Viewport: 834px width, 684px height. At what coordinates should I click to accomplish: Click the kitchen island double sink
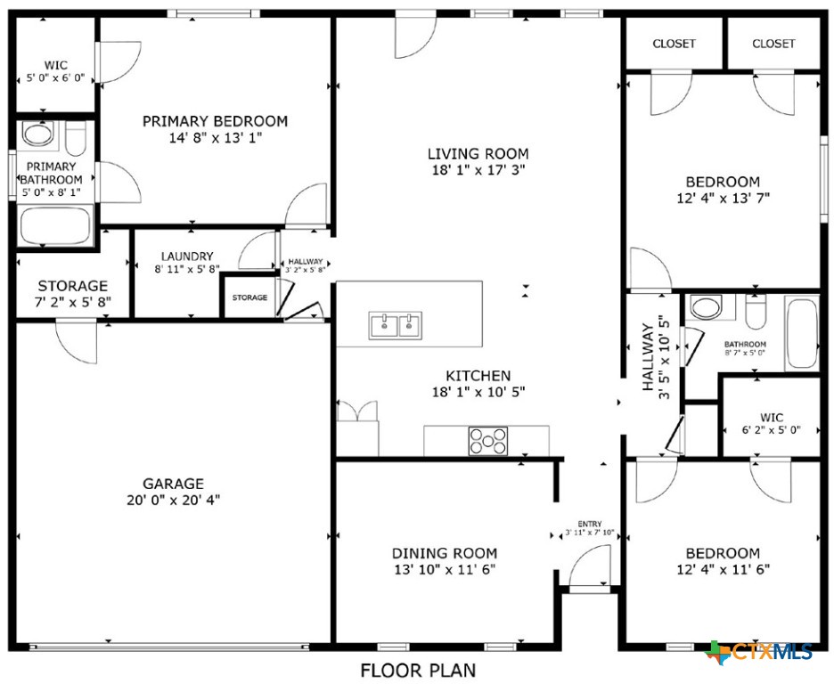pyautogui.click(x=396, y=326)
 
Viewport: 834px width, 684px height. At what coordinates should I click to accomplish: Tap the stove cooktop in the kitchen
pyautogui.click(x=488, y=441)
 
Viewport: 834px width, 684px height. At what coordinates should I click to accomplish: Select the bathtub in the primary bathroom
pyautogui.click(x=55, y=227)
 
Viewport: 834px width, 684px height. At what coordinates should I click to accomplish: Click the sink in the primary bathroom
pyautogui.click(x=37, y=134)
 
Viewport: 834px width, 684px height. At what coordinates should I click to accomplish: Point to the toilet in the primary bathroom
pyautogui.click(x=77, y=139)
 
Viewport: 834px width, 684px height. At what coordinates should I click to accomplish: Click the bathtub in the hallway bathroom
pyautogui.click(x=802, y=334)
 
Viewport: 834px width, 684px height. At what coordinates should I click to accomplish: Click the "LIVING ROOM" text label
pyautogui.click(x=478, y=153)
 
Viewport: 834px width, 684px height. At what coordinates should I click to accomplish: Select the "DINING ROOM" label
pyautogui.click(x=446, y=553)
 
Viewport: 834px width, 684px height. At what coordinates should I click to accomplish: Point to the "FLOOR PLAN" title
pyautogui.click(x=417, y=670)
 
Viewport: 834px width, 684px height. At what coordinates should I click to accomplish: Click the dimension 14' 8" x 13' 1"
pyautogui.click(x=215, y=138)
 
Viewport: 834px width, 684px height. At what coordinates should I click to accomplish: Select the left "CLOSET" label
pyautogui.click(x=674, y=44)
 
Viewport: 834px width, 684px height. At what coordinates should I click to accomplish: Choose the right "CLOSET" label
pyautogui.click(x=773, y=44)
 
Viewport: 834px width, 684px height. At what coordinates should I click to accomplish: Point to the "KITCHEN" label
pyautogui.click(x=478, y=376)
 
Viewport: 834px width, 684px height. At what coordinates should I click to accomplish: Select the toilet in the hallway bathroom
pyautogui.click(x=756, y=313)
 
